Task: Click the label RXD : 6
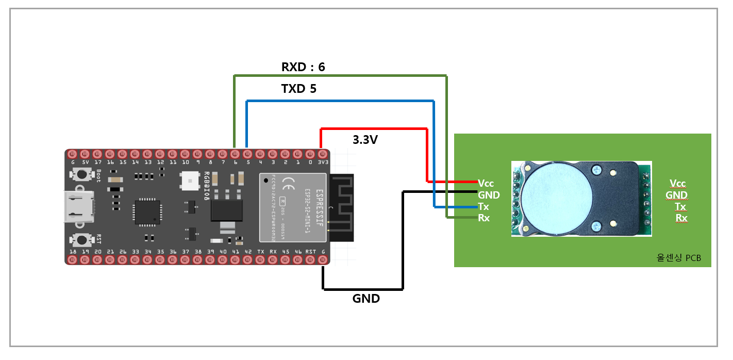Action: (303, 67)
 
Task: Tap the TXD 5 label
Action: (299, 89)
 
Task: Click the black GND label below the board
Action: (366, 298)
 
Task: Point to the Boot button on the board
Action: (81, 174)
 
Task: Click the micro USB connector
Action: (78, 207)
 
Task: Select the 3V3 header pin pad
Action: (323, 154)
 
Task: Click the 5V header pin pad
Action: (85, 154)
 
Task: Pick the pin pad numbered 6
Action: (235, 154)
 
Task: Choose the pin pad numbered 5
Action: (248, 154)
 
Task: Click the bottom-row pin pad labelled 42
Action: (248, 259)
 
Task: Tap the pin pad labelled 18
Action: (73, 259)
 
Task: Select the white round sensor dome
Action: (556, 199)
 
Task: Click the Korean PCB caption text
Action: (678, 258)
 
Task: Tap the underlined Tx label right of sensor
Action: (680, 207)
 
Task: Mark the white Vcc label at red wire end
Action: (486, 183)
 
